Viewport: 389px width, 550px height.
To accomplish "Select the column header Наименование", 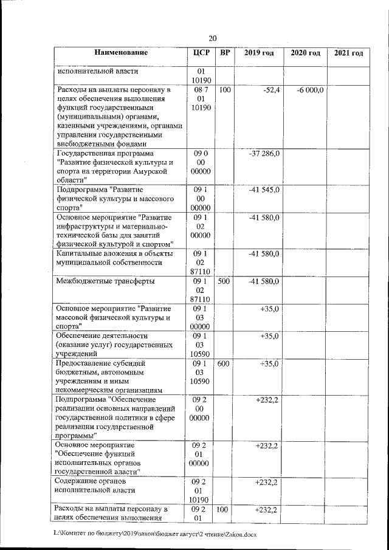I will (121, 53).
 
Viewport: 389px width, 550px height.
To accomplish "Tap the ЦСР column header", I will (201, 53).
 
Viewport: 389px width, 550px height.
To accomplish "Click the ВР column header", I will (225, 53).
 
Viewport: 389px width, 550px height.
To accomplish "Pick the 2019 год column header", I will (259, 53).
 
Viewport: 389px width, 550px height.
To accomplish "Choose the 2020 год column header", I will (305, 53).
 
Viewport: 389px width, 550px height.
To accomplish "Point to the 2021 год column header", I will (349, 53).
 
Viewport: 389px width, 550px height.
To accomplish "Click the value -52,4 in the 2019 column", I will (270, 90).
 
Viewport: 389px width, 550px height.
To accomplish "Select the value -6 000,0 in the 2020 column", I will (312, 90).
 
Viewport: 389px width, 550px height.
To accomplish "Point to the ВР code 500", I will (224, 281).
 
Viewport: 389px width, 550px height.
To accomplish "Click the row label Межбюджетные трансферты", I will (105, 281).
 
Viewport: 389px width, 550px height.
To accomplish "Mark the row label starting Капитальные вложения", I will (113, 258).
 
